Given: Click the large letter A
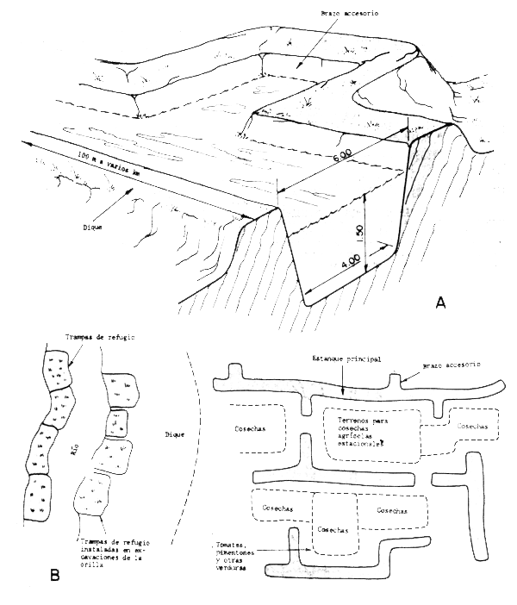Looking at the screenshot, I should (441, 302).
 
